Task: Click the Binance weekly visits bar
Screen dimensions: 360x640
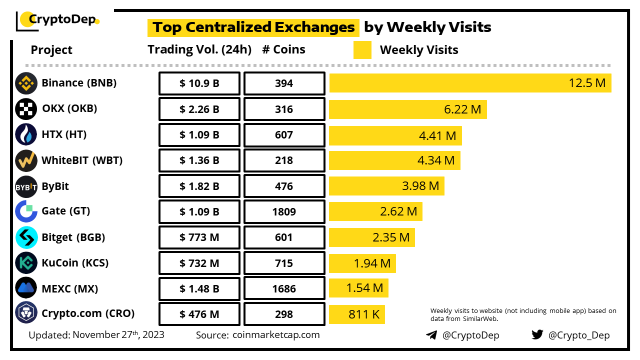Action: tap(470, 83)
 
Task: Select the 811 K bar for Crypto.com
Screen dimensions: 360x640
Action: tap(356, 314)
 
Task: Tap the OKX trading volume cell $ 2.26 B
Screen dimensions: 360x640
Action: tap(199, 109)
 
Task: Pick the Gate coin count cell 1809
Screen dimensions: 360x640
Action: tap(284, 211)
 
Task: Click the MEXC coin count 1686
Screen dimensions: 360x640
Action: tap(284, 288)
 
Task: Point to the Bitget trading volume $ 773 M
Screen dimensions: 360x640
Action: tap(199, 237)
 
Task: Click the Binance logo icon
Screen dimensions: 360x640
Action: tap(26, 83)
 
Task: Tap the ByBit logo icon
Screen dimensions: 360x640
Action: tap(26, 186)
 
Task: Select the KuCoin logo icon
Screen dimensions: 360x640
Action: tap(26, 263)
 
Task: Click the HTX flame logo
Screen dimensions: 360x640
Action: tap(26, 134)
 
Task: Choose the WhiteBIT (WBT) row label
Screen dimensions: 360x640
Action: tap(82, 160)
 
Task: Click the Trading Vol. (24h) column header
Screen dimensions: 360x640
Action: tap(199, 49)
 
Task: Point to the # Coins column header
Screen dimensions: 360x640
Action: tap(283, 49)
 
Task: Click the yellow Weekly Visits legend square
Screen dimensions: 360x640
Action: tap(362, 50)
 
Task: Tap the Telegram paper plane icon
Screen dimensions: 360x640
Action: tap(431, 335)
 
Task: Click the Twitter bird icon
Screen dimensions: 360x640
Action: tap(537, 334)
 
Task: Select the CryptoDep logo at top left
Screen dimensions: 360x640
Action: tap(58, 20)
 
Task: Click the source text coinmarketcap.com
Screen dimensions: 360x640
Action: tap(276, 335)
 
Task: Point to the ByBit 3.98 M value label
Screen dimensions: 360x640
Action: tap(420, 186)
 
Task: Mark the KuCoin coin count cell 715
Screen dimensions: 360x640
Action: tap(284, 263)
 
